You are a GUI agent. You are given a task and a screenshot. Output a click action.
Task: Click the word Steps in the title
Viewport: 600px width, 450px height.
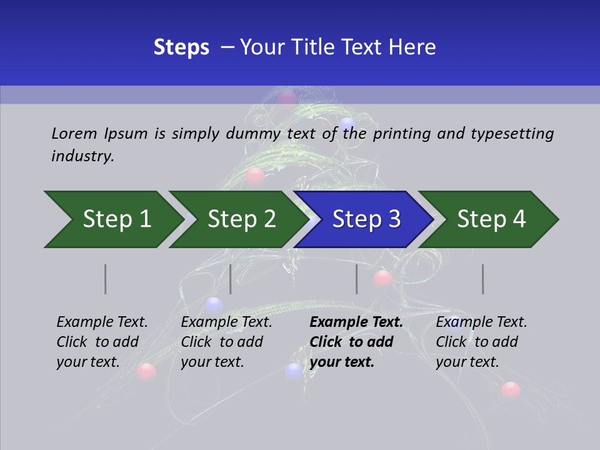(x=181, y=47)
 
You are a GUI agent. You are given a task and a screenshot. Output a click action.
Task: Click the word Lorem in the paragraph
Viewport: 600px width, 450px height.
(x=74, y=133)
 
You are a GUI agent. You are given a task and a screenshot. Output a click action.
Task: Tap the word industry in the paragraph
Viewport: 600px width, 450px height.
(x=82, y=156)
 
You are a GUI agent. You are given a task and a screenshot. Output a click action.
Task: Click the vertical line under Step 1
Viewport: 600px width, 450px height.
(x=106, y=279)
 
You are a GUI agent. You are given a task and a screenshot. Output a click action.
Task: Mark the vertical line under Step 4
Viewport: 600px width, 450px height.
(x=483, y=279)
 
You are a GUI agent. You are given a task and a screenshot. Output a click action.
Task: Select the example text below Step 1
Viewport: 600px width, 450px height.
(x=102, y=342)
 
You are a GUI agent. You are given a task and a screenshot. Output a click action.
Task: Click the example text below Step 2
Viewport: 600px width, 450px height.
(x=226, y=342)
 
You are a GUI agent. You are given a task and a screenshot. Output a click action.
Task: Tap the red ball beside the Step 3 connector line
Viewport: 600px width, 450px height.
(x=382, y=279)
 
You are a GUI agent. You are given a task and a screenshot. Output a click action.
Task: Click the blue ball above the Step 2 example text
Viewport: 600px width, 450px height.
(x=214, y=305)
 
